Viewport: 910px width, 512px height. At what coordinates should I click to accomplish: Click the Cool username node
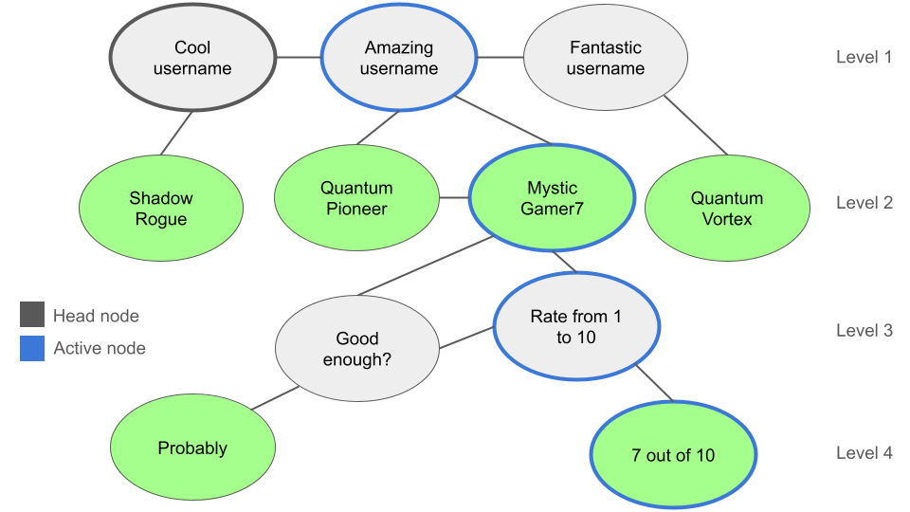pyautogui.click(x=192, y=58)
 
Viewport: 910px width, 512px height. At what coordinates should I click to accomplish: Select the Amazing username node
pyautogui.click(x=399, y=58)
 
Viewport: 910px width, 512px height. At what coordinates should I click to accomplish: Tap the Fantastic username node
pyautogui.click(x=605, y=58)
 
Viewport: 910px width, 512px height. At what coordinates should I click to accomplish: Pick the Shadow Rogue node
pyautogui.click(x=160, y=209)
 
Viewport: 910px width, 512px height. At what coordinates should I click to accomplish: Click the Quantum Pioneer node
pyautogui.click(x=356, y=198)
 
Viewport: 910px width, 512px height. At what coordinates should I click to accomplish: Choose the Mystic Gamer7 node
pyautogui.click(x=551, y=198)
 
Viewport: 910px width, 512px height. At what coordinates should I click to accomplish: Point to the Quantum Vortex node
pyautogui.click(x=727, y=209)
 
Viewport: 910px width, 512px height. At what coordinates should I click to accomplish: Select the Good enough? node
pyautogui.click(x=356, y=349)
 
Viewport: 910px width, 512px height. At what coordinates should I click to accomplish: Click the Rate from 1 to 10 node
pyautogui.click(x=576, y=326)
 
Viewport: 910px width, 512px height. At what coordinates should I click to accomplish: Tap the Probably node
pyautogui.click(x=192, y=448)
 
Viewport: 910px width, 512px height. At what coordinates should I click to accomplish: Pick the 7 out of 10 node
pyautogui.click(x=673, y=455)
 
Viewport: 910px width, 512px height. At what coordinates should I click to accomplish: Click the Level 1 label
pyautogui.click(x=864, y=57)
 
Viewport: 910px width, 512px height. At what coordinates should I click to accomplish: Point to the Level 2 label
pyautogui.click(x=864, y=203)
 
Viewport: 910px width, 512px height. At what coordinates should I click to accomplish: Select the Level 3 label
pyautogui.click(x=864, y=331)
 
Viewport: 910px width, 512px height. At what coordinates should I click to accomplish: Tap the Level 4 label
pyautogui.click(x=864, y=453)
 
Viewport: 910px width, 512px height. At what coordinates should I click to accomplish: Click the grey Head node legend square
pyautogui.click(x=32, y=315)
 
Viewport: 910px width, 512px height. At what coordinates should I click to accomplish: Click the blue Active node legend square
pyautogui.click(x=32, y=348)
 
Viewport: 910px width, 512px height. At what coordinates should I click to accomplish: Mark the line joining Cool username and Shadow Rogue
pyautogui.click(x=176, y=133)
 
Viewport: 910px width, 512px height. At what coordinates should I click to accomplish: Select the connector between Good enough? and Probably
pyautogui.click(x=275, y=398)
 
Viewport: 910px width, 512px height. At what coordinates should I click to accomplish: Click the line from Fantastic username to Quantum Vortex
pyautogui.click(x=695, y=123)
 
